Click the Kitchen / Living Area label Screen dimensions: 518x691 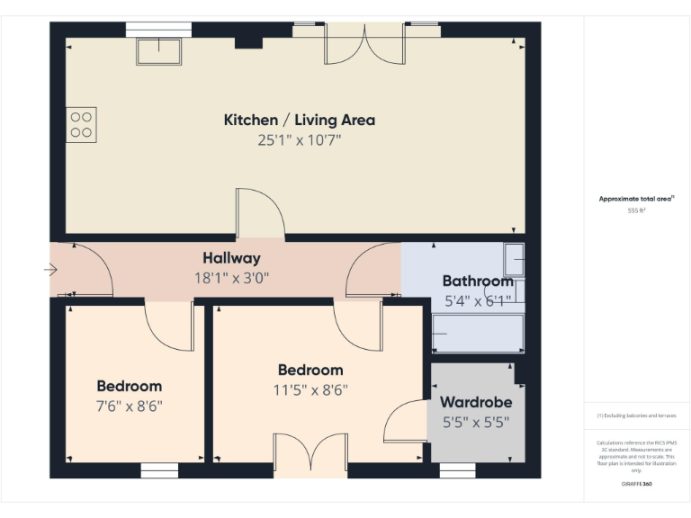pos(299,120)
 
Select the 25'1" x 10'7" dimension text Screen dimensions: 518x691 pos(299,140)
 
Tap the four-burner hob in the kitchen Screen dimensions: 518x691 pos(81,124)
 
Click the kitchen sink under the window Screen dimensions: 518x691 pos(158,51)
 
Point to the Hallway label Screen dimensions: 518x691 pos(231,258)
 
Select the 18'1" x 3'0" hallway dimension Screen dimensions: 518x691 pos(231,278)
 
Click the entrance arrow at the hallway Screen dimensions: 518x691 pos(49,269)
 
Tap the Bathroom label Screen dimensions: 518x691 pos(477,281)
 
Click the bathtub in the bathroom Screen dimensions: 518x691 pos(478,334)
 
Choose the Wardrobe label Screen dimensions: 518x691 pos(476,402)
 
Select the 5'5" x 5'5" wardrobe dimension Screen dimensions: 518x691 pos(476,422)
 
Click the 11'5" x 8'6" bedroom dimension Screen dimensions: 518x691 pos(310,389)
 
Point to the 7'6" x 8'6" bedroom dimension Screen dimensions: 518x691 pos(130,406)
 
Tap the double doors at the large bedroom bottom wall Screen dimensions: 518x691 pos(310,457)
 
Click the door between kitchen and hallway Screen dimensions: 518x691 pos(260,216)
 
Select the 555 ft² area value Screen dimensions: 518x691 pos(636,210)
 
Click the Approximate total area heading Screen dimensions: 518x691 pos(636,199)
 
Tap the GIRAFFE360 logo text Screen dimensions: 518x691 pos(636,484)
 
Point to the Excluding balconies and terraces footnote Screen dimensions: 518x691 pos(636,415)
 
